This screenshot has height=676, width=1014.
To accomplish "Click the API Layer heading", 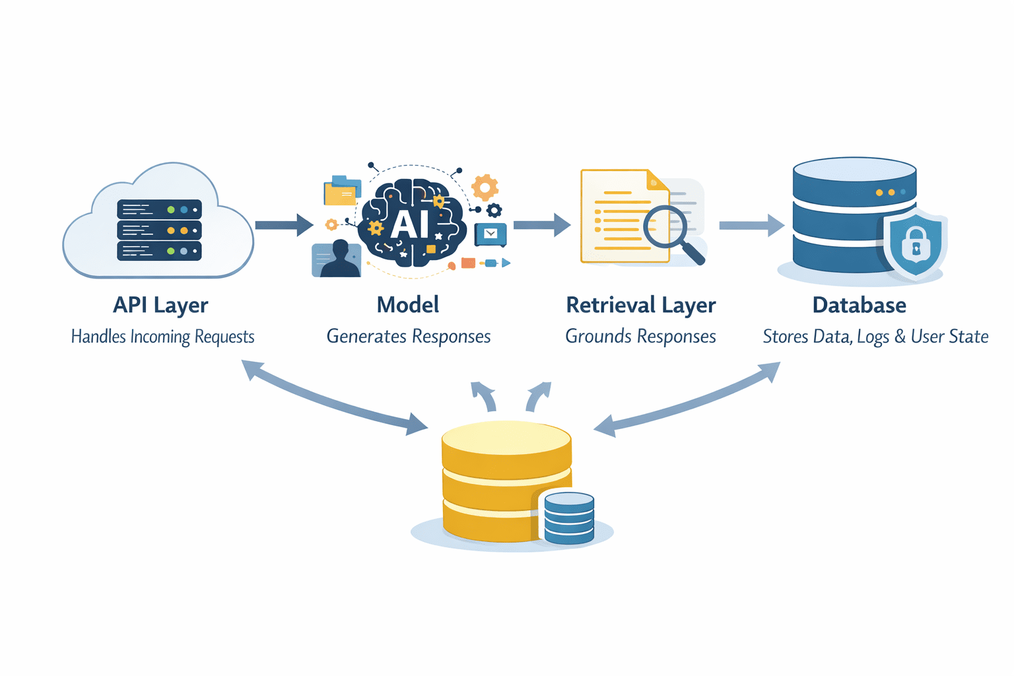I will pos(160,305).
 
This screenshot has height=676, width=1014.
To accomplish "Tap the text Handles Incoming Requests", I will pos(162,337).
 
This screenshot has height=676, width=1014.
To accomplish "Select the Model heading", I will pos(407,305).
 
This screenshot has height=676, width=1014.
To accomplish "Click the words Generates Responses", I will pos(408,337).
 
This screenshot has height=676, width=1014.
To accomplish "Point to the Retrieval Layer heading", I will pos(640,305).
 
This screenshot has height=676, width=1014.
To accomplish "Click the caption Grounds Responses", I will pos(640,337).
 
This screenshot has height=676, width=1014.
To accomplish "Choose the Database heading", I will pos(859,305).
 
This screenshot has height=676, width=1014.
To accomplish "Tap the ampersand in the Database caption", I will pos(900,337).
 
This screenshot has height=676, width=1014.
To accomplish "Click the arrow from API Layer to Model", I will pos(284,225).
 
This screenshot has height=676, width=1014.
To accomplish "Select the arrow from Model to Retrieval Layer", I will pos(541,225).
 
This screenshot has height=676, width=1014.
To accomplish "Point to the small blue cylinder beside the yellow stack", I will pos(568,518).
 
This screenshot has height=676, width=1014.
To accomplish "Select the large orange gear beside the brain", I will pos(485,187).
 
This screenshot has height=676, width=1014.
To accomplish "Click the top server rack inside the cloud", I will pos(159,209).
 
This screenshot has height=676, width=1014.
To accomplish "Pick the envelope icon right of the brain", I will pos(490,234).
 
